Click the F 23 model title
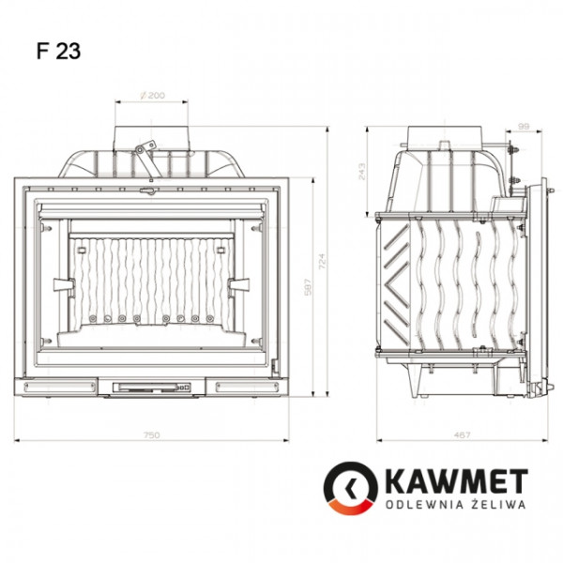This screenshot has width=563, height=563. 59,52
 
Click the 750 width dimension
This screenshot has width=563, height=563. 152,434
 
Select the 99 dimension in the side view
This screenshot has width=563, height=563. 524,124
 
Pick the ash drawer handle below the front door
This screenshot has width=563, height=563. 150,386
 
